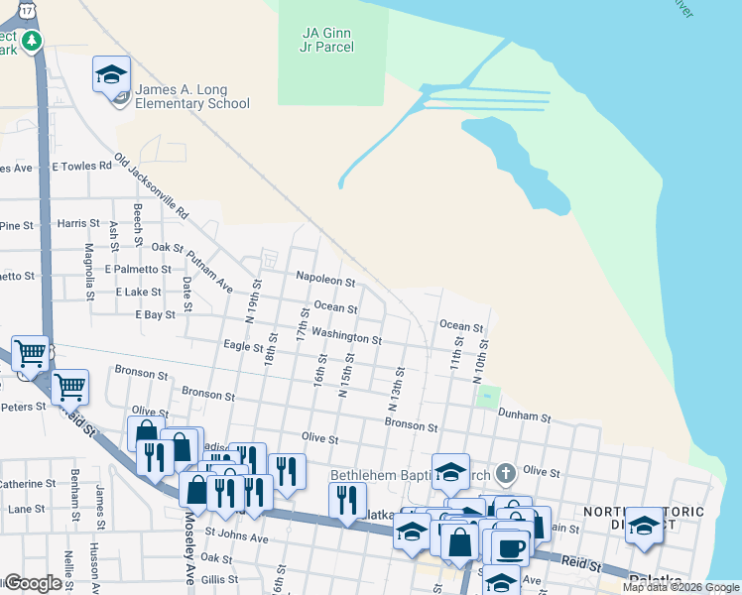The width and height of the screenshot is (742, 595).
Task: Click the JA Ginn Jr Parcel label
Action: tap(327, 39)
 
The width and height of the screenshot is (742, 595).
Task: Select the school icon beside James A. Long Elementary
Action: tap(112, 75)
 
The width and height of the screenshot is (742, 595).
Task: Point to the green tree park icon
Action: tap(34, 41)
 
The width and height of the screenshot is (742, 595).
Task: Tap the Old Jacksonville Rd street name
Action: tap(151, 186)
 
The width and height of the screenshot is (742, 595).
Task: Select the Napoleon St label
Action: tap(325, 282)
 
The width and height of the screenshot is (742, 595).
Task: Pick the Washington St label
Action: tap(347, 338)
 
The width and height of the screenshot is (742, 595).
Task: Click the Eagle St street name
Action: tap(243, 346)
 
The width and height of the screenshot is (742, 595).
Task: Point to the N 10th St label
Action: tap(484, 353)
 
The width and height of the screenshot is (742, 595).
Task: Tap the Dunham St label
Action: tap(524, 415)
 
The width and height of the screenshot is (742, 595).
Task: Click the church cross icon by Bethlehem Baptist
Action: tap(506, 471)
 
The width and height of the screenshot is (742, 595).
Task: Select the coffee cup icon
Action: tap(511, 546)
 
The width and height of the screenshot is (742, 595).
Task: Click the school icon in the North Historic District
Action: tap(644, 526)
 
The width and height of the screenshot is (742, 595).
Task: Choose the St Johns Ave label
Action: tap(236, 537)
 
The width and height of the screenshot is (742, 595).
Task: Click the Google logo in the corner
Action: tap(32, 583)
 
